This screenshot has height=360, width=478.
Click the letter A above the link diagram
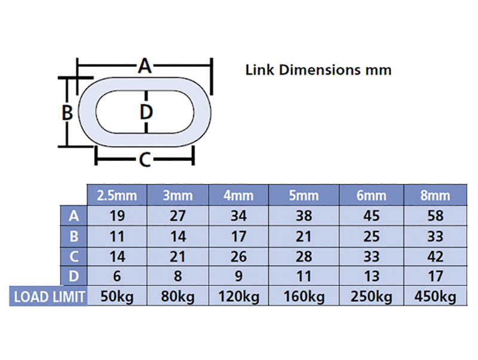[145, 66]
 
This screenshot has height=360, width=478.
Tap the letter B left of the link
[68, 112]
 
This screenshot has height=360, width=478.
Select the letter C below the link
[145, 160]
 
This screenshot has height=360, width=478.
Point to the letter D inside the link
[146, 111]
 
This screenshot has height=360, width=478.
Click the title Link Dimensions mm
[318, 70]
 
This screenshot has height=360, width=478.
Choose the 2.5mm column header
[118, 196]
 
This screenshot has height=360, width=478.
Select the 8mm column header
[436, 196]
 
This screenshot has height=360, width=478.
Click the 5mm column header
[304, 196]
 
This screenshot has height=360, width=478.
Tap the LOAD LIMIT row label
[48, 297]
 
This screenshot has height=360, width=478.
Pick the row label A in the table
[74, 216]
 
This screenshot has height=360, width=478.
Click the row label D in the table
[74, 277]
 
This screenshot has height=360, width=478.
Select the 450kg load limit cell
[436, 297]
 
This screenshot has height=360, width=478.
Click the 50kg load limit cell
[118, 297]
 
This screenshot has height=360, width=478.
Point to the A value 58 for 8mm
[436, 216]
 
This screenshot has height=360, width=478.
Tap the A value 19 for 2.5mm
[118, 216]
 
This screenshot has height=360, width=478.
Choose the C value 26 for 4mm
[238, 257]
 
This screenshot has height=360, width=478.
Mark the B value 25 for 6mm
[371, 236]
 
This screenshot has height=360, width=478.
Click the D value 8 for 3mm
[178, 277]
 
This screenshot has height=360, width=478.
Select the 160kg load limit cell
[304, 297]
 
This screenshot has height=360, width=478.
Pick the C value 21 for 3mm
[178, 257]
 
